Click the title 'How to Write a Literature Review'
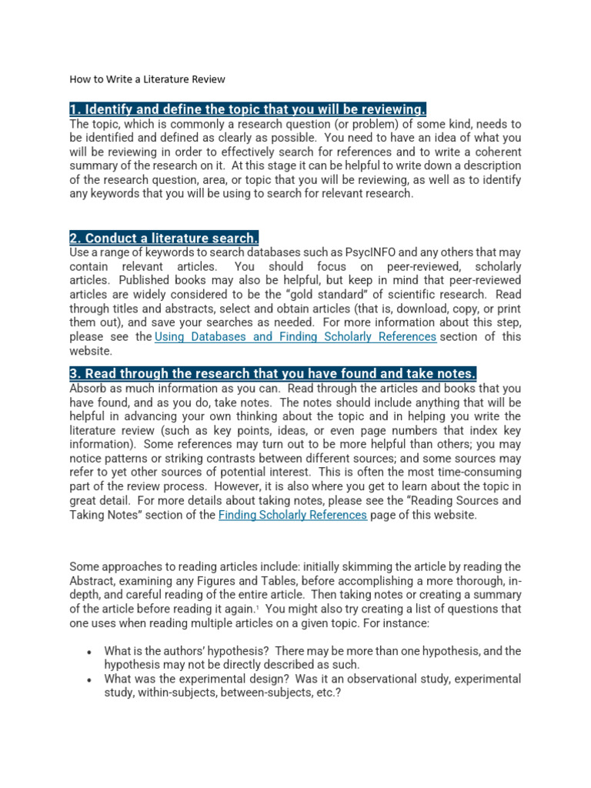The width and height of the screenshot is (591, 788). (x=148, y=79)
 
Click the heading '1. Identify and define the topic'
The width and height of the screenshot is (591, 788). (x=248, y=109)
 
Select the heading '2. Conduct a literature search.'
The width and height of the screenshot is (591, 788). (x=164, y=238)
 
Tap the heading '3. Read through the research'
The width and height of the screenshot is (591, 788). (x=273, y=373)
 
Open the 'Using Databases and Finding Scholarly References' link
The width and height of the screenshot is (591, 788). (x=295, y=336)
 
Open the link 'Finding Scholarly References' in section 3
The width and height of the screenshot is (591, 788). (x=292, y=515)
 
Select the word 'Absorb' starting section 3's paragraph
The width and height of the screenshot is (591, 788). (x=90, y=388)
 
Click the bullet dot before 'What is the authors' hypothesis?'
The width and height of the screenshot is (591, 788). (x=90, y=652)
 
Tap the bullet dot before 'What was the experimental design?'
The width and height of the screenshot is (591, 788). (x=90, y=680)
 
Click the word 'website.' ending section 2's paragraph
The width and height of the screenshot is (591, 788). (x=91, y=350)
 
